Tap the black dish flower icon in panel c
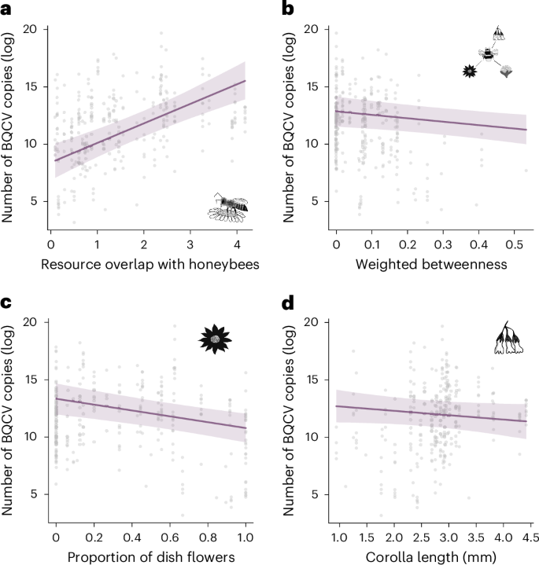[x=214, y=339]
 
